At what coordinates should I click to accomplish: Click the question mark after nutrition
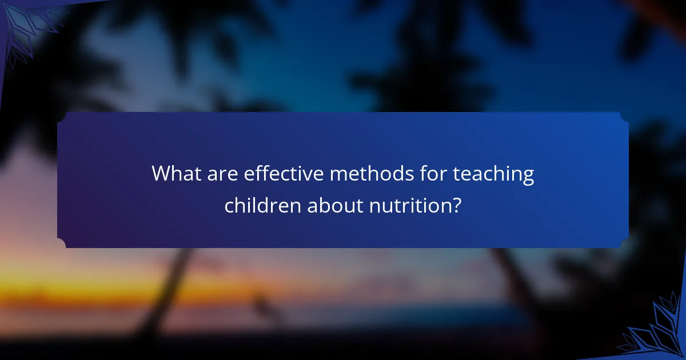pos(456,205)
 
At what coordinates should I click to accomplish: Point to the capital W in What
pos(162,174)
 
